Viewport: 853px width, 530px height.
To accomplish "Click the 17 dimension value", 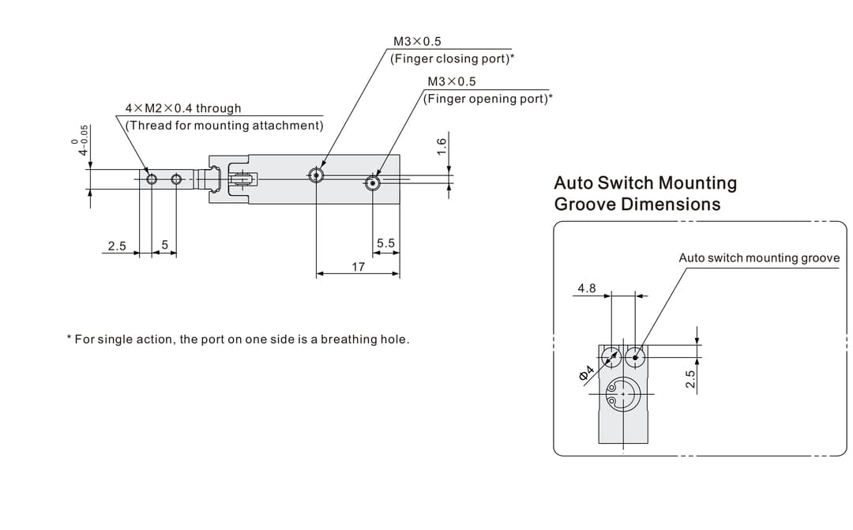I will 358,267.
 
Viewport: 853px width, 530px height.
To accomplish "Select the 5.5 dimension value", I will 385,243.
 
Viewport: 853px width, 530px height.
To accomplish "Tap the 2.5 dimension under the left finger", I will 117,246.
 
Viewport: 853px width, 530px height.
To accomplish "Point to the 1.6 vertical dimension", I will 442,145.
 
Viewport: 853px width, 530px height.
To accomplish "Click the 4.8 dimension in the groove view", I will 586,288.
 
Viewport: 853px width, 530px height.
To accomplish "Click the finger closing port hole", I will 316,175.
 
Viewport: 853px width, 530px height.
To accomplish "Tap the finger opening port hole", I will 373,184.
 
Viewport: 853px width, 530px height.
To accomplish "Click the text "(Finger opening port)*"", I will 488,99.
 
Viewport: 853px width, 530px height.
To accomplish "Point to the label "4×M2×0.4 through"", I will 183,108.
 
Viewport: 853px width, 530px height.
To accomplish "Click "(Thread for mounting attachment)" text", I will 224,126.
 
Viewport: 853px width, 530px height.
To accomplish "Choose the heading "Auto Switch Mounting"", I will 645,182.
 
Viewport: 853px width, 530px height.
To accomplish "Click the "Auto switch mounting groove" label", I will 759,257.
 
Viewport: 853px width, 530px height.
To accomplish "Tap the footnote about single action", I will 239,340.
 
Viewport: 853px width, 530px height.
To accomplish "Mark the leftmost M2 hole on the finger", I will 152,179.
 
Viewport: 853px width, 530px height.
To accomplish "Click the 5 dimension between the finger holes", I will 164,244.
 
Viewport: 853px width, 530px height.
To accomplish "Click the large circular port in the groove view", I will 622,393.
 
